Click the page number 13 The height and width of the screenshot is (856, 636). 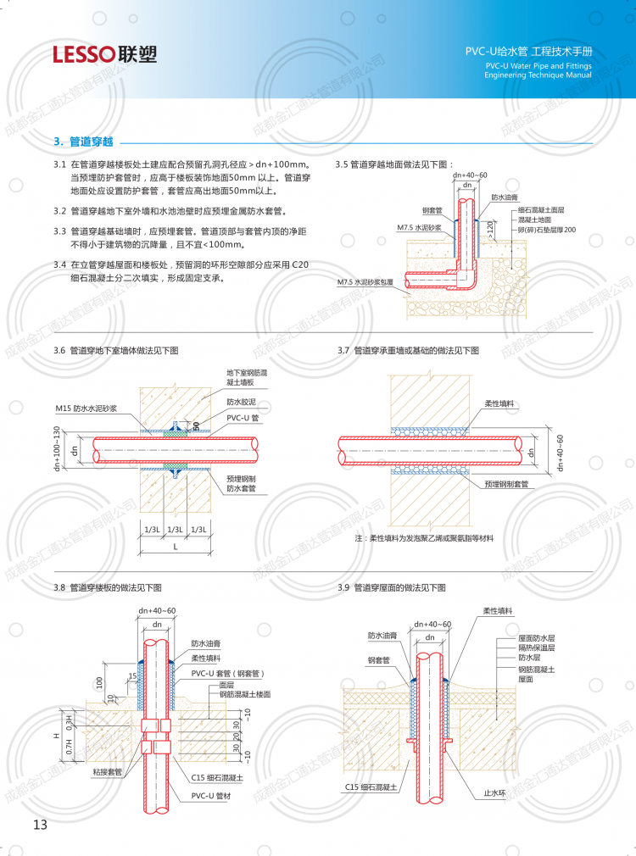click(x=41, y=824)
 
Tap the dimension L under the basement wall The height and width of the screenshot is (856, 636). click(x=176, y=548)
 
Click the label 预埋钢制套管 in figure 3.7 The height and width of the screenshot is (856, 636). click(x=506, y=484)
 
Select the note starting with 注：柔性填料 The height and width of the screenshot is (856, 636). click(x=423, y=538)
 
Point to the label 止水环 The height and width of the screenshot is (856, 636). click(x=494, y=793)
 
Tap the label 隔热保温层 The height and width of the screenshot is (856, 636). click(x=537, y=648)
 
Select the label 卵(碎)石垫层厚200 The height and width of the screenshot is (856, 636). click(x=547, y=230)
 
